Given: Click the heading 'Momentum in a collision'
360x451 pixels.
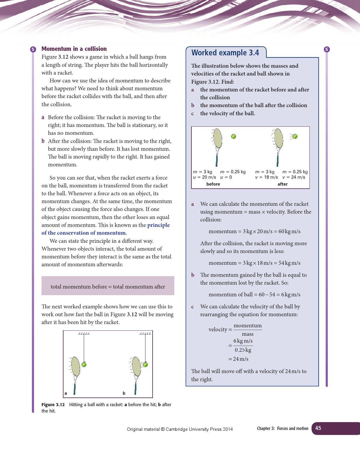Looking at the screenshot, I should (74, 49).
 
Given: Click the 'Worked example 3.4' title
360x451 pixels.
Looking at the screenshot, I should (225, 53).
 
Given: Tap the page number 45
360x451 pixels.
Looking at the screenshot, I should (318, 428).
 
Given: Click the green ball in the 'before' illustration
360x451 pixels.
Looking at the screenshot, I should (233, 136).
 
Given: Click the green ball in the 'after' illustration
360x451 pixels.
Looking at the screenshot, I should (295, 136).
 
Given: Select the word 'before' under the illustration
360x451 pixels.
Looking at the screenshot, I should (213, 184).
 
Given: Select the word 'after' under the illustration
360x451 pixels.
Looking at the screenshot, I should (282, 184).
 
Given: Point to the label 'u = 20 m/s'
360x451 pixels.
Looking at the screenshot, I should (204, 177).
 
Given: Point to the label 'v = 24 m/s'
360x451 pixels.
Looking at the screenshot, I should (294, 177).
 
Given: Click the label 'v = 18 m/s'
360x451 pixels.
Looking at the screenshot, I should (266, 177).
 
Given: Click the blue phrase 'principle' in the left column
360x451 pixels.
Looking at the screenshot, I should (158, 225).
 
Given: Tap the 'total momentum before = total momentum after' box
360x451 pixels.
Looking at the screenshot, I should (108, 286).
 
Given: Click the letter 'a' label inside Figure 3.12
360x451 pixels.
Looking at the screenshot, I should (66, 393).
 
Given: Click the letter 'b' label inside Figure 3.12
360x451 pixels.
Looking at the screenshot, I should (124, 393).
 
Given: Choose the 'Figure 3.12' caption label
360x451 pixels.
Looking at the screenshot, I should (53, 405).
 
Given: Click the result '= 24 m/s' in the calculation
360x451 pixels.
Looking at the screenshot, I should (238, 359).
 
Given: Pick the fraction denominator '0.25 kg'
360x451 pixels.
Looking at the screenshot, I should (243, 350).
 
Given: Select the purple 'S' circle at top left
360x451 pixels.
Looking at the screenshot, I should (33, 49).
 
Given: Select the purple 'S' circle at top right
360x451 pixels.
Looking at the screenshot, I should (327, 49).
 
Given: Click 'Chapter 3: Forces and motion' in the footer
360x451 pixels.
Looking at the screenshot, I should (282, 428).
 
